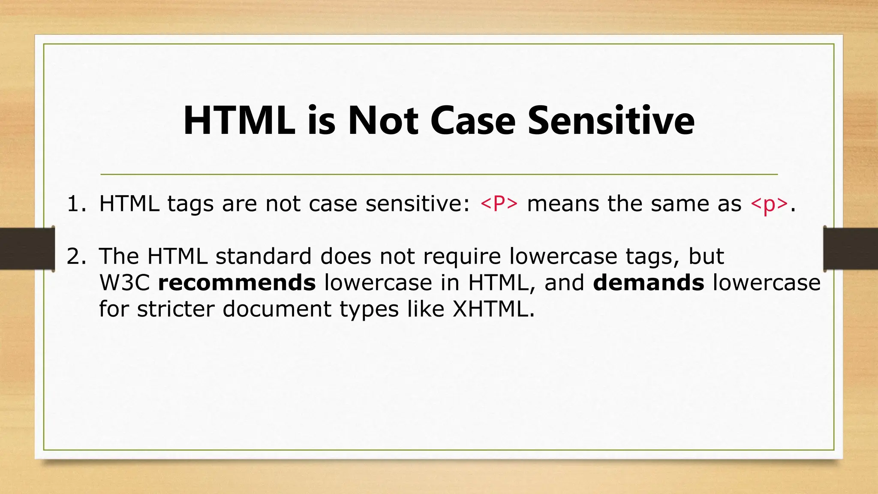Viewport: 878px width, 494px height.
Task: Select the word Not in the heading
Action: (x=382, y=121)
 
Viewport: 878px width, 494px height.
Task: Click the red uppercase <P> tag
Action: (x=499, y=204)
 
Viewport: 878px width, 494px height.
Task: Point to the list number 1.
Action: (x=76, y=204)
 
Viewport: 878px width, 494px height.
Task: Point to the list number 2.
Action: (x=76, y=256)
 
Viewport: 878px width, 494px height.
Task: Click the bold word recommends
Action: (x=237, y=283)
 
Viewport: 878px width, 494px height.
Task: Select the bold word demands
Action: (x=648, y=283)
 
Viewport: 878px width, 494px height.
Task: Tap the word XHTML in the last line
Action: (x=493, y=309)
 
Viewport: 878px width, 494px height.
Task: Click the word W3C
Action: (x=124, y=283)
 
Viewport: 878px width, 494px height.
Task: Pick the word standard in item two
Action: (x=263, y=256)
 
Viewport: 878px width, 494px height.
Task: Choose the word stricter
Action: (x=175, y=309)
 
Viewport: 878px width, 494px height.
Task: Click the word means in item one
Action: (x=563, y=204)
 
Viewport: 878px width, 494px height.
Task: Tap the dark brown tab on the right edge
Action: (x=851, y=249)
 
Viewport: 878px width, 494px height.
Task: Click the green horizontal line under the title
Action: (x=439, y=175)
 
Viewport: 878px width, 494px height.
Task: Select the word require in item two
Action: (x=462, y=256)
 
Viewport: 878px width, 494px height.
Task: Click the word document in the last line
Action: (x=277, y=309)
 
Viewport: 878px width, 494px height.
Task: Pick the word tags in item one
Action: (x=190, y=205)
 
